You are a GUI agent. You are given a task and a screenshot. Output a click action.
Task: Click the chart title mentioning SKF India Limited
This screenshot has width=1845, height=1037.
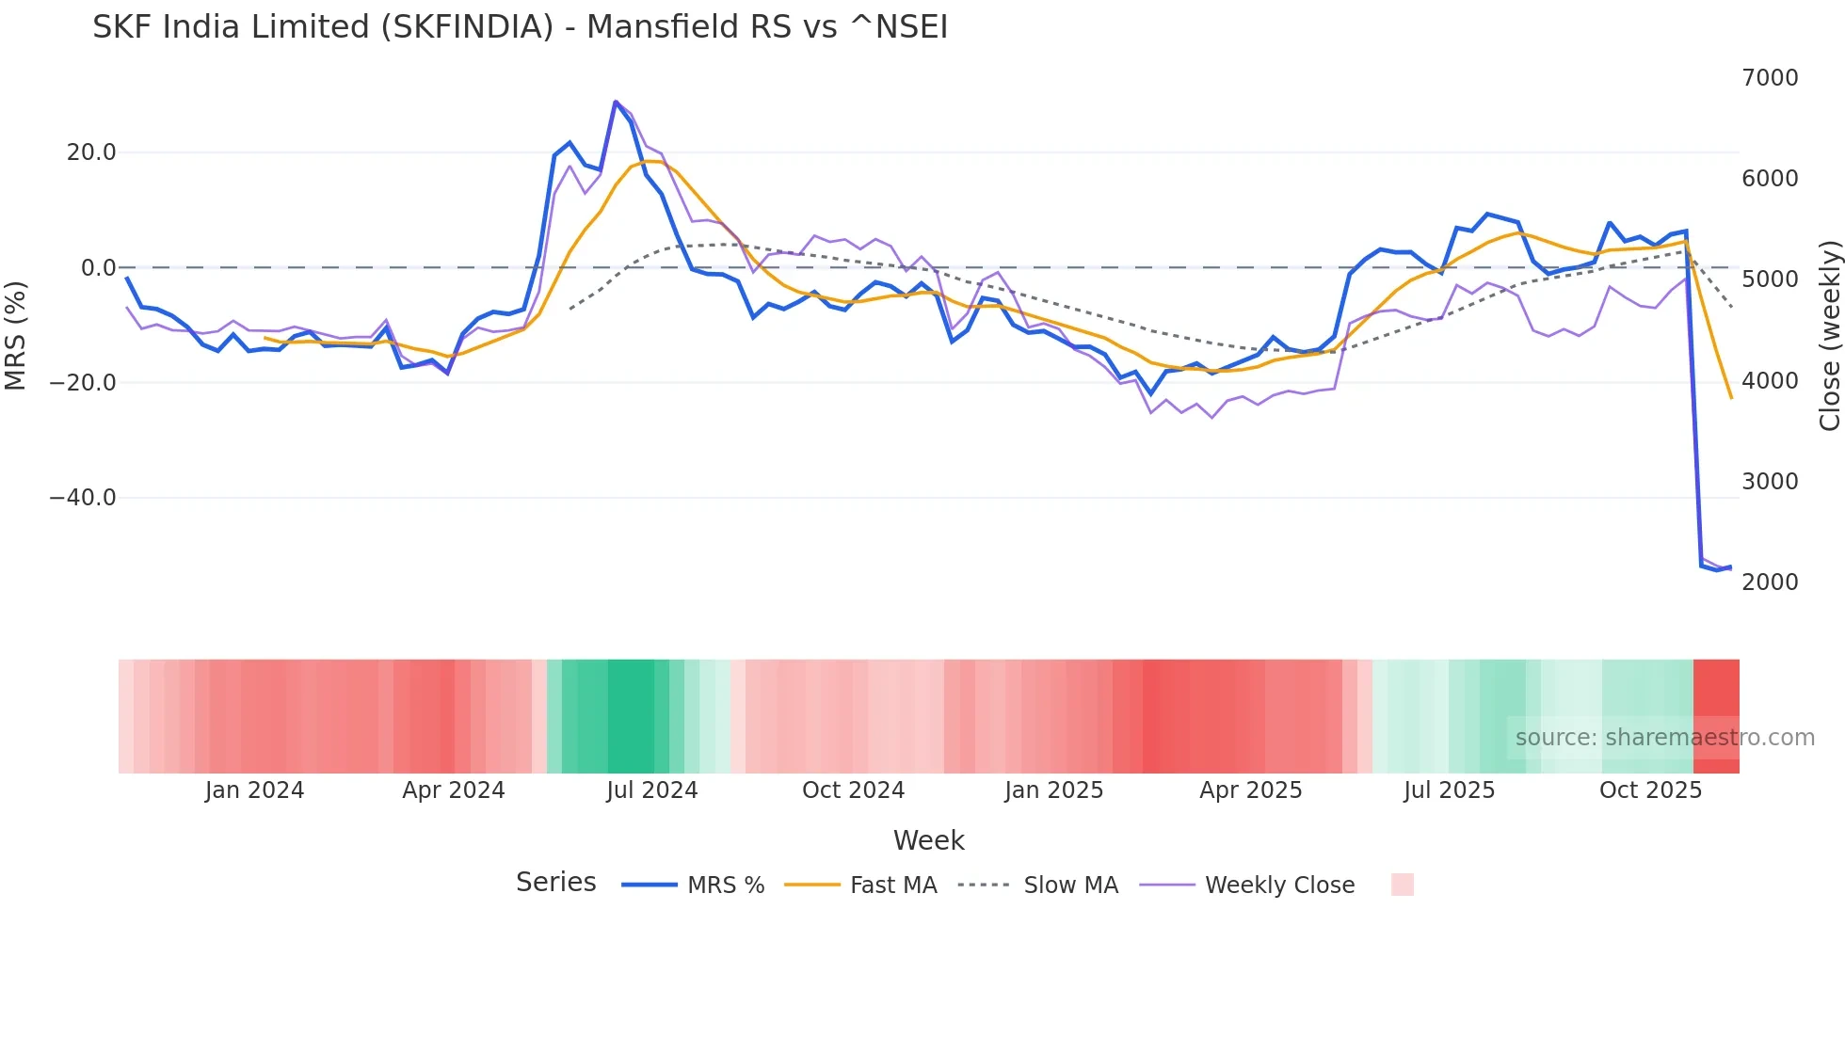[x=520, y=27]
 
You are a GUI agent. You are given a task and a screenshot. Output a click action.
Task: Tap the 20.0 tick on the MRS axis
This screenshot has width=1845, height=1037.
[x=90, y=152]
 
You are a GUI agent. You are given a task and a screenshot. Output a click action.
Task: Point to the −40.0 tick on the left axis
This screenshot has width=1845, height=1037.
[x=83, y=498]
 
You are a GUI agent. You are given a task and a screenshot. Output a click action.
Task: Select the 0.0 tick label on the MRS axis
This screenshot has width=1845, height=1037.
[x=98, y=268]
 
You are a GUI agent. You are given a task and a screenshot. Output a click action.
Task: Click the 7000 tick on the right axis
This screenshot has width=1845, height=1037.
[x=1770, y=78]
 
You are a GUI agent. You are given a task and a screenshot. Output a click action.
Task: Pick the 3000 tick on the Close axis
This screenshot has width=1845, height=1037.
[x=1770, y=482]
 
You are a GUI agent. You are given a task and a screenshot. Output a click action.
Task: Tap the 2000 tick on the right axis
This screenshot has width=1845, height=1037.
[x=1770, y=582]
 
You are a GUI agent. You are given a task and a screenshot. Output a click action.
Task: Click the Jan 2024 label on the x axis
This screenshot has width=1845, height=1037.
[x=254, y=790]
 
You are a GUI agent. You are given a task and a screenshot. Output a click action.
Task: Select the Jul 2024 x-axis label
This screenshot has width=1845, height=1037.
[x=651, y=790]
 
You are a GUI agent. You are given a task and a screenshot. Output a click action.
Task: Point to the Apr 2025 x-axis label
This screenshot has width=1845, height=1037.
[x=1250, y=790]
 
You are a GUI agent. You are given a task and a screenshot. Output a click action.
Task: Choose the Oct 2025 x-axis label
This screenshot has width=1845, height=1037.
[x=1650, y=790]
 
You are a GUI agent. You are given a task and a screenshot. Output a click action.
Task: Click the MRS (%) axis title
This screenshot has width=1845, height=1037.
[x=16, y=335]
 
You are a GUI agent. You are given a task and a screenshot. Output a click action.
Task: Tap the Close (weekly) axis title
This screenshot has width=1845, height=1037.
[x=1829, y=335]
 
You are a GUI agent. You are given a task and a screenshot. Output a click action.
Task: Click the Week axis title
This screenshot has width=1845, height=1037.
[x=928, y=840]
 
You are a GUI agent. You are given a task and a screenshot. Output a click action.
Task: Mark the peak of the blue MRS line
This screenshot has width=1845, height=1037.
[x=616, y=102]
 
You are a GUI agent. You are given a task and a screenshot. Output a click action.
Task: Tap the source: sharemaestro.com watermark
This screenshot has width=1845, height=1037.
[x=1664, y=738]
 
